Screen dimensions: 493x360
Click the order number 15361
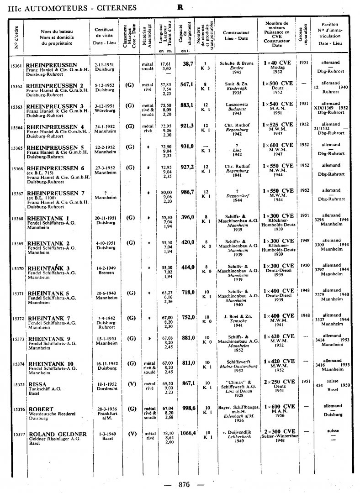[16, 66]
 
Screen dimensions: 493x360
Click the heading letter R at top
[180, 7]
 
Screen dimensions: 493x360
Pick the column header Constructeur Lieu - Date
[236, 36]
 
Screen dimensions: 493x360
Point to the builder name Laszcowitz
[236, 105]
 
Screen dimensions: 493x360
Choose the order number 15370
[17, 268]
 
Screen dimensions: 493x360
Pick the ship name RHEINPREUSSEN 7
[55, 193]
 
